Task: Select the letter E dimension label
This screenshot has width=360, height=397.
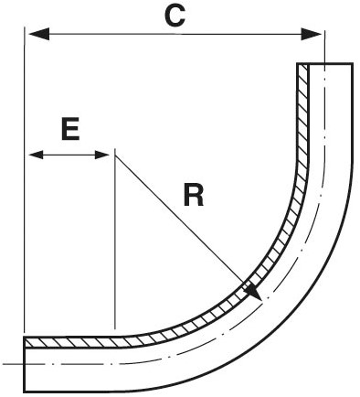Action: tap(69, 128)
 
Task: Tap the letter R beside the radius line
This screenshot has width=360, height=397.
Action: tap(193, 196)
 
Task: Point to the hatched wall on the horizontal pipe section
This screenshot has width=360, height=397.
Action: tap(73, 343)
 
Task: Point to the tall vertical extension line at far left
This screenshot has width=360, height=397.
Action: tap(22, 183)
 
